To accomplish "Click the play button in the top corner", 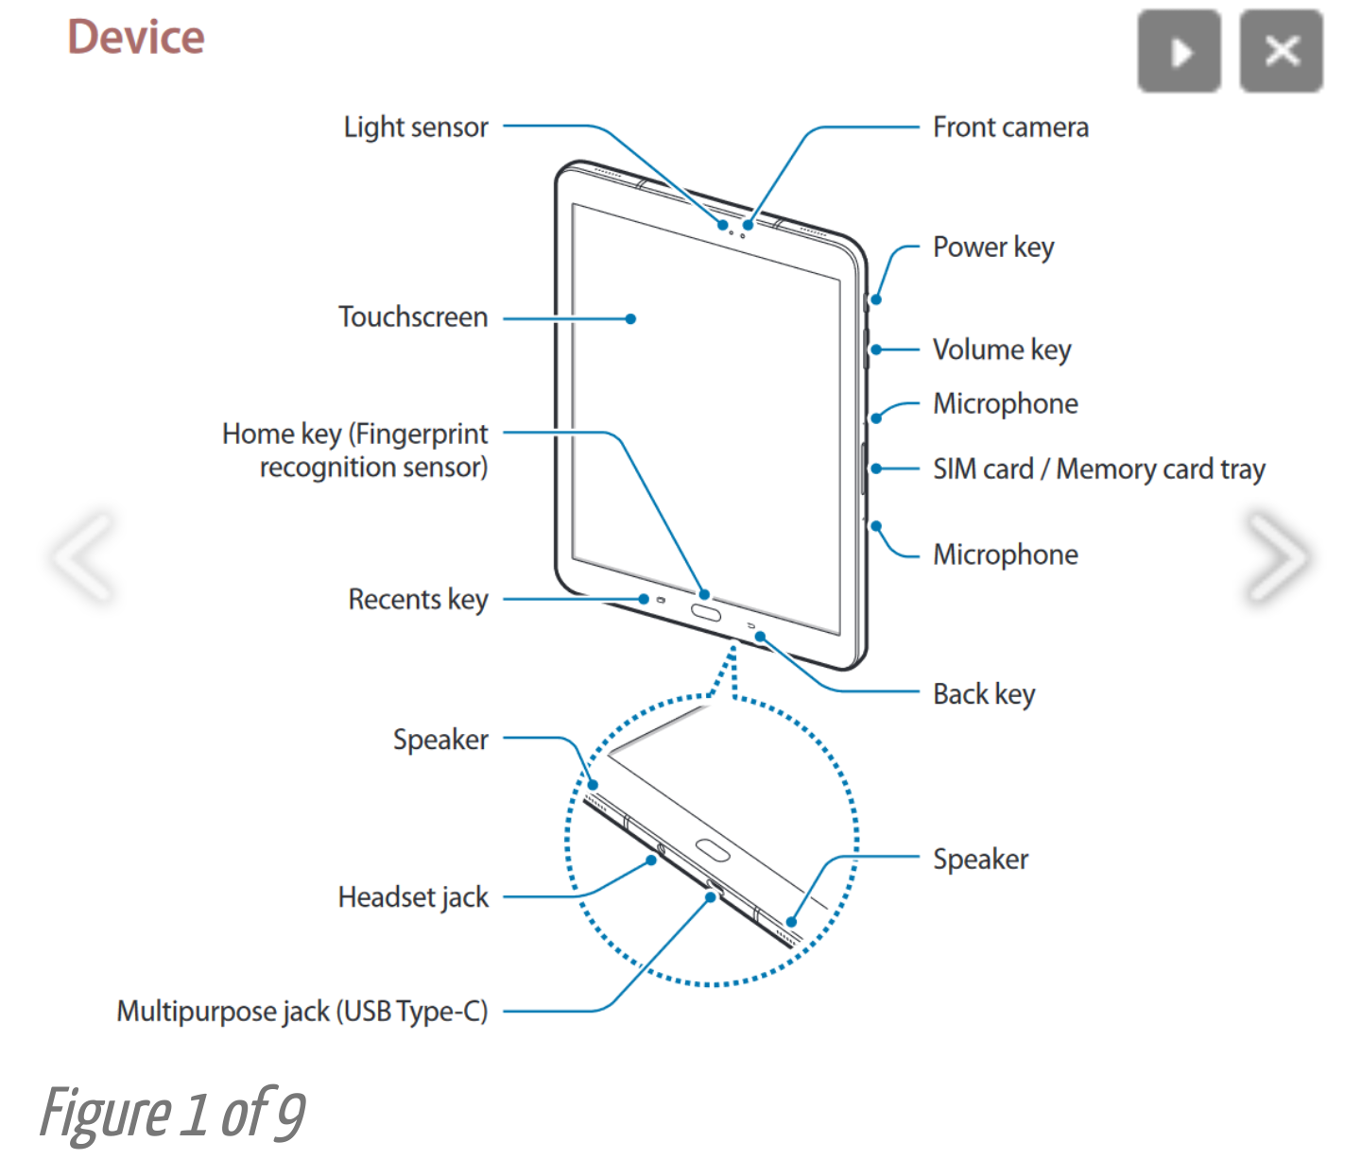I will pos(1179,51).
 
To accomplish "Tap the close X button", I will pos(1281,51).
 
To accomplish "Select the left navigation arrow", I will pos(83,556).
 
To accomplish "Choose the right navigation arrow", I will pos(1277,556).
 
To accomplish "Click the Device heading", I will pos(136,38).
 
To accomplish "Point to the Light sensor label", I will pos(416,128).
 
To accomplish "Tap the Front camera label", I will pos(1010,128).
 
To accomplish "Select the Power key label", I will pos(993,247).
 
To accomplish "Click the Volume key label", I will pos(1002,349).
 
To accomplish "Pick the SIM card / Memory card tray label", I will pos(1098,469).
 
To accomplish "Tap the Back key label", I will pos(984,694).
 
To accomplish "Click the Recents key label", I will pos(418,600).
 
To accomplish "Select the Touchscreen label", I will pos(413,317).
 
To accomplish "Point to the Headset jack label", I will pos(413,897).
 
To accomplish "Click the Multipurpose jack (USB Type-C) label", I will pos(302,1012).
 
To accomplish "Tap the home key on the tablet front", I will pos(706,613).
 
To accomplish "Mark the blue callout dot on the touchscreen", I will pos(630,319).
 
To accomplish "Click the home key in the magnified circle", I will pos(712,849).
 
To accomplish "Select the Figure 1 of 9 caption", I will pos(173,1114).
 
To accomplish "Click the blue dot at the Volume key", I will pos(876,349).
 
